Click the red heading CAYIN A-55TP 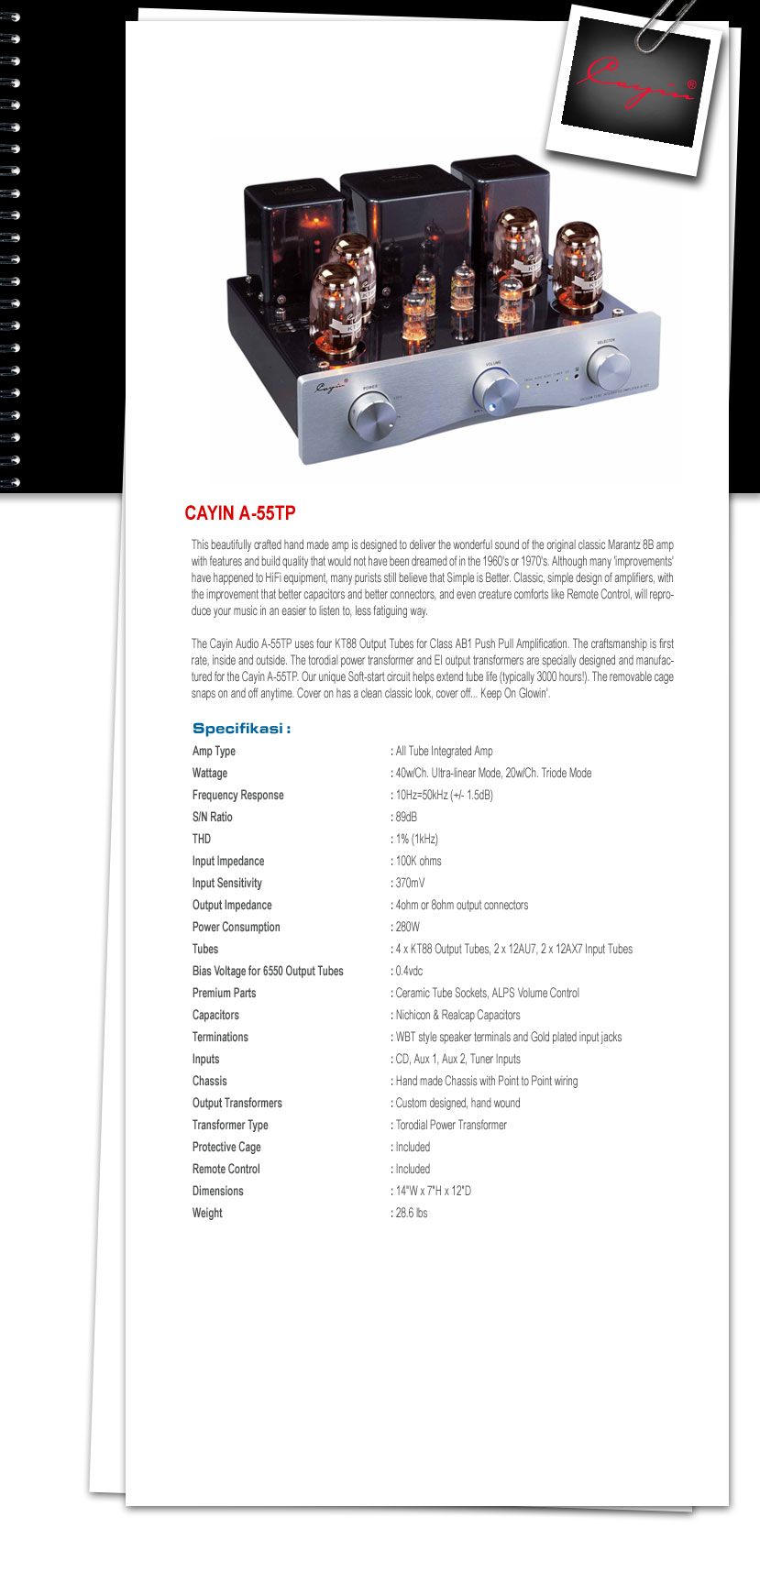(240, 513)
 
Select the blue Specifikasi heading (241, 729)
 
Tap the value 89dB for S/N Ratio (406, 817)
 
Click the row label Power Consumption (237, 927)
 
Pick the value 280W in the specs (408, 927)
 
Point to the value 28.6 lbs (412, 1213)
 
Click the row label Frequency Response (238, 795)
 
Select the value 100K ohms (418, 861)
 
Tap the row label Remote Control (226, 1169)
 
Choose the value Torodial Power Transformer (451, 1125)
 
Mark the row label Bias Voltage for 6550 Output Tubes (268, 971)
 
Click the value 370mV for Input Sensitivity (410, 883)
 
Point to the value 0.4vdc (409, 971)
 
